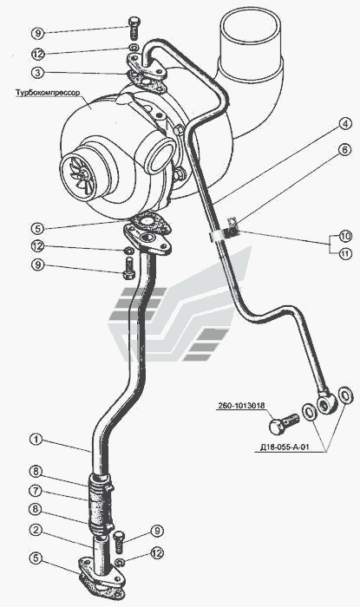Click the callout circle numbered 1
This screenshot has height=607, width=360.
[36, 440]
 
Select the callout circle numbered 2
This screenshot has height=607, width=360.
[36, 530]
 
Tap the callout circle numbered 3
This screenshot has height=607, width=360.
[38, 72]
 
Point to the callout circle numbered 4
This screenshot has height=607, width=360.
[345, 124]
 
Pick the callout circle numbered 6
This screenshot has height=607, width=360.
[345, 150]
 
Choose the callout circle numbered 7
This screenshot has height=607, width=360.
[36, 490]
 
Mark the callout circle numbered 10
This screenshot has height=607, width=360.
[345, 235]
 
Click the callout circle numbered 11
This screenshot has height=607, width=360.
[345, 254]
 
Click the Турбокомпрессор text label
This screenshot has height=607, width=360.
[48, 94]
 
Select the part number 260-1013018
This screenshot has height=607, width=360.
[241, 406]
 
